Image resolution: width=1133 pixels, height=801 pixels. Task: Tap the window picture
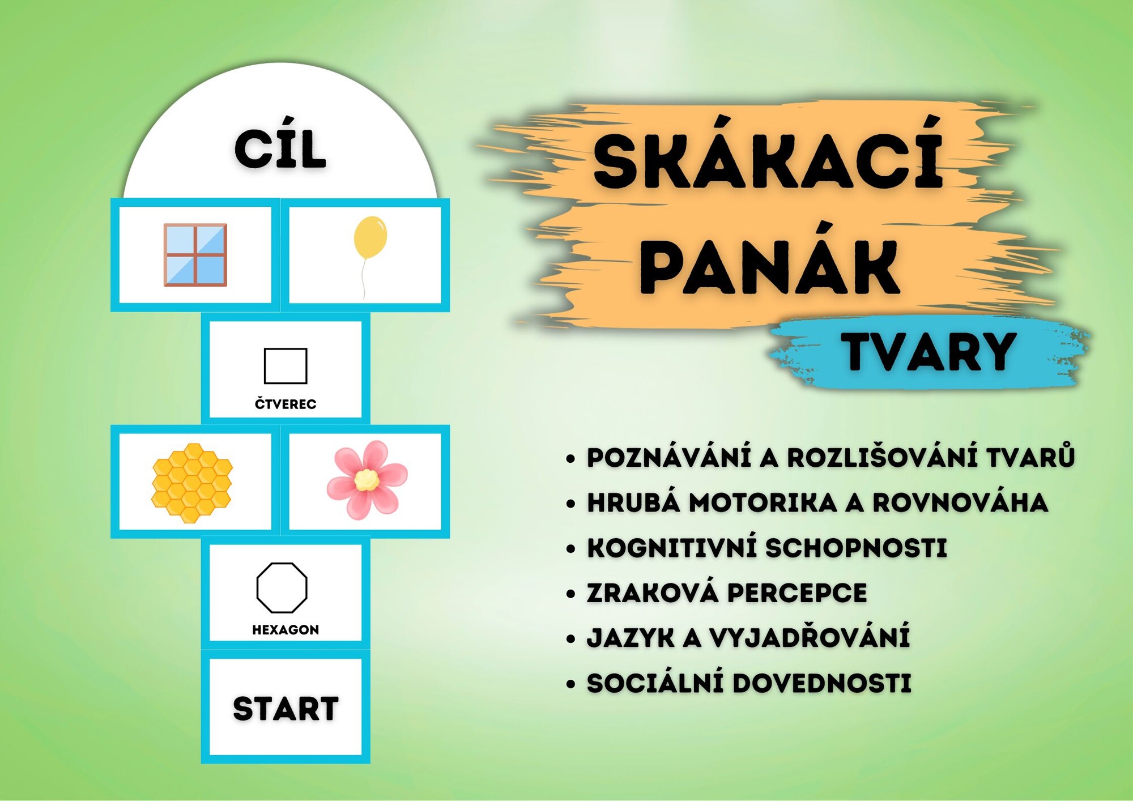coord(195,255)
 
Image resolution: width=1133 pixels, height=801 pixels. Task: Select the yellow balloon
coord(370,237)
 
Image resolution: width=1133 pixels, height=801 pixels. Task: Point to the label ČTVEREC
coord(286,403)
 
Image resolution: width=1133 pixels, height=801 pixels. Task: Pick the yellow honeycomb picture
coord(192,483)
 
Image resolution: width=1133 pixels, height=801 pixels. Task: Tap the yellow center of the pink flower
coord(367,480)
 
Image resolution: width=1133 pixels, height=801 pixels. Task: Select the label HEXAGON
coord(286,629)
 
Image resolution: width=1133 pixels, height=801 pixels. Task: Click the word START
coord(286,709)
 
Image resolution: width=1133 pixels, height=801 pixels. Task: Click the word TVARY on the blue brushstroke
coord(928,352)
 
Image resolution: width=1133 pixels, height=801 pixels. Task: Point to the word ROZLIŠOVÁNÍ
coord(882,457)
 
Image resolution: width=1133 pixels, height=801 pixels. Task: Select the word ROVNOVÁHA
coord(960,502)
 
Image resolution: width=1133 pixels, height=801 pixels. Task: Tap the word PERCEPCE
coord(796,593)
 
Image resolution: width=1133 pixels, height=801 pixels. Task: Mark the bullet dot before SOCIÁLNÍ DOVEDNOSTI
coord(570,684)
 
